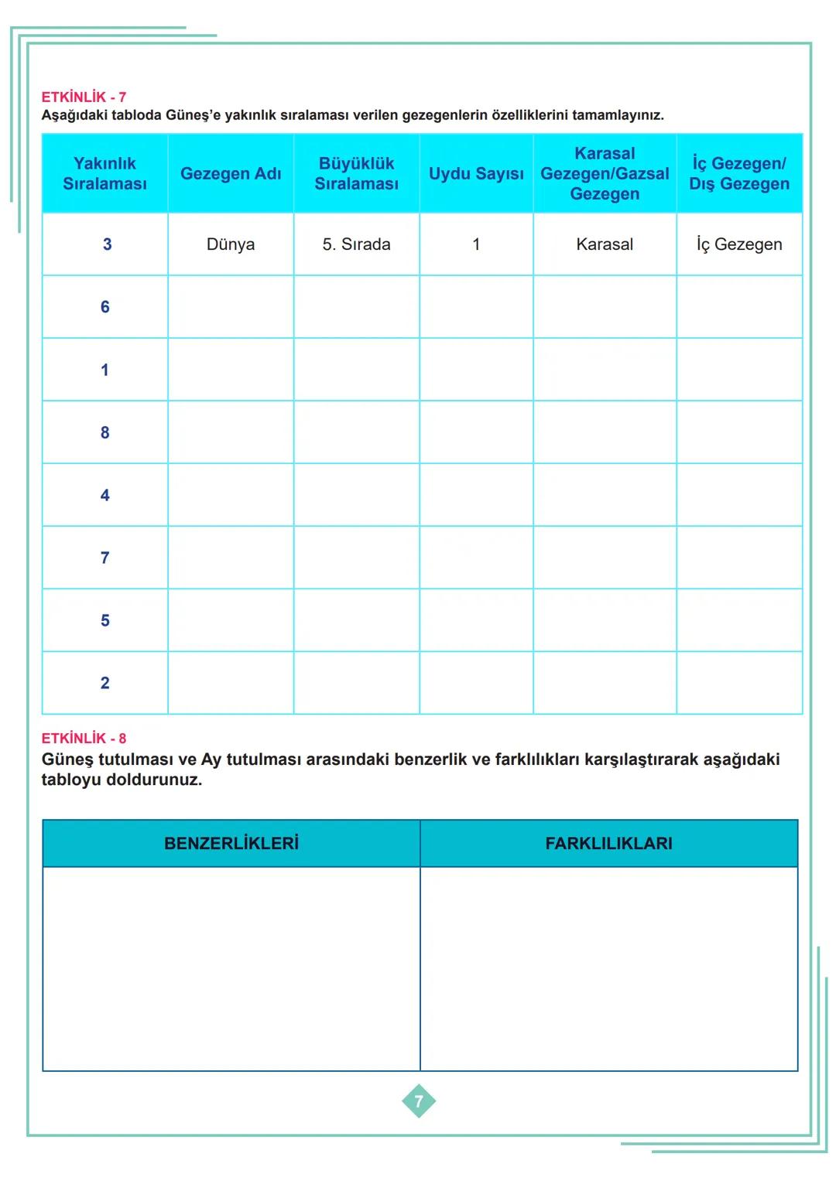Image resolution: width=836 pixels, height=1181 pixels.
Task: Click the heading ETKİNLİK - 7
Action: pos(84,97)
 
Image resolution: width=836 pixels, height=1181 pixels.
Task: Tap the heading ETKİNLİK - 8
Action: pos(84,739)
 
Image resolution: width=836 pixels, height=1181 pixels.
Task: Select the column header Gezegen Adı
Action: pos(231,174)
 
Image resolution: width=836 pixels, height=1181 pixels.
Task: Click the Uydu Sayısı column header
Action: pos(476,174)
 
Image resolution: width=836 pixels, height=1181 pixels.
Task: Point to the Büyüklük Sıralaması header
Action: pos(356,174)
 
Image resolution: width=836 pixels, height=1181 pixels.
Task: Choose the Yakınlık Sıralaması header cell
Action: pos(104,174)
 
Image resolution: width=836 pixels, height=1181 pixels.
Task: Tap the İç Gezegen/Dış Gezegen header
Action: pos(739,174)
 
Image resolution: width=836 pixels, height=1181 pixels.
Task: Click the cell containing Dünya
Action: pos(231,244)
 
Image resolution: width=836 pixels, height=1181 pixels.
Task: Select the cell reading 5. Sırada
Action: pos(356,244)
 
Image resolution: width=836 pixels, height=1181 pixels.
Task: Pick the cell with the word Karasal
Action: pos(605,244)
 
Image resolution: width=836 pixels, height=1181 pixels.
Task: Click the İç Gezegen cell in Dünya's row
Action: pos(739,244)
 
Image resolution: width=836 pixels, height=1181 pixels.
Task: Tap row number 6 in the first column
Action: pos(105,307)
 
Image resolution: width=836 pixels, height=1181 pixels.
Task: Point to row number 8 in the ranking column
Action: pos(105,432)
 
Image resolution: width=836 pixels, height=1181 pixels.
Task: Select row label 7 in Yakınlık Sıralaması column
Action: pos(105,558)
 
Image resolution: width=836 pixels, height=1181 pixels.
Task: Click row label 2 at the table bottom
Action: pos(105,683)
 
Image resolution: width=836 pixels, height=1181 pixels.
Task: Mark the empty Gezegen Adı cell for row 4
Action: pos(231,495)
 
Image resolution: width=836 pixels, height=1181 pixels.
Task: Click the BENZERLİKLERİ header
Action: pos(231,844)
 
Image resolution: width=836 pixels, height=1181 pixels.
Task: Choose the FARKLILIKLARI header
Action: pos(608,844)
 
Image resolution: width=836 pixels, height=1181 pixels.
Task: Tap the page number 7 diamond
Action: pos(419,1101)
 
